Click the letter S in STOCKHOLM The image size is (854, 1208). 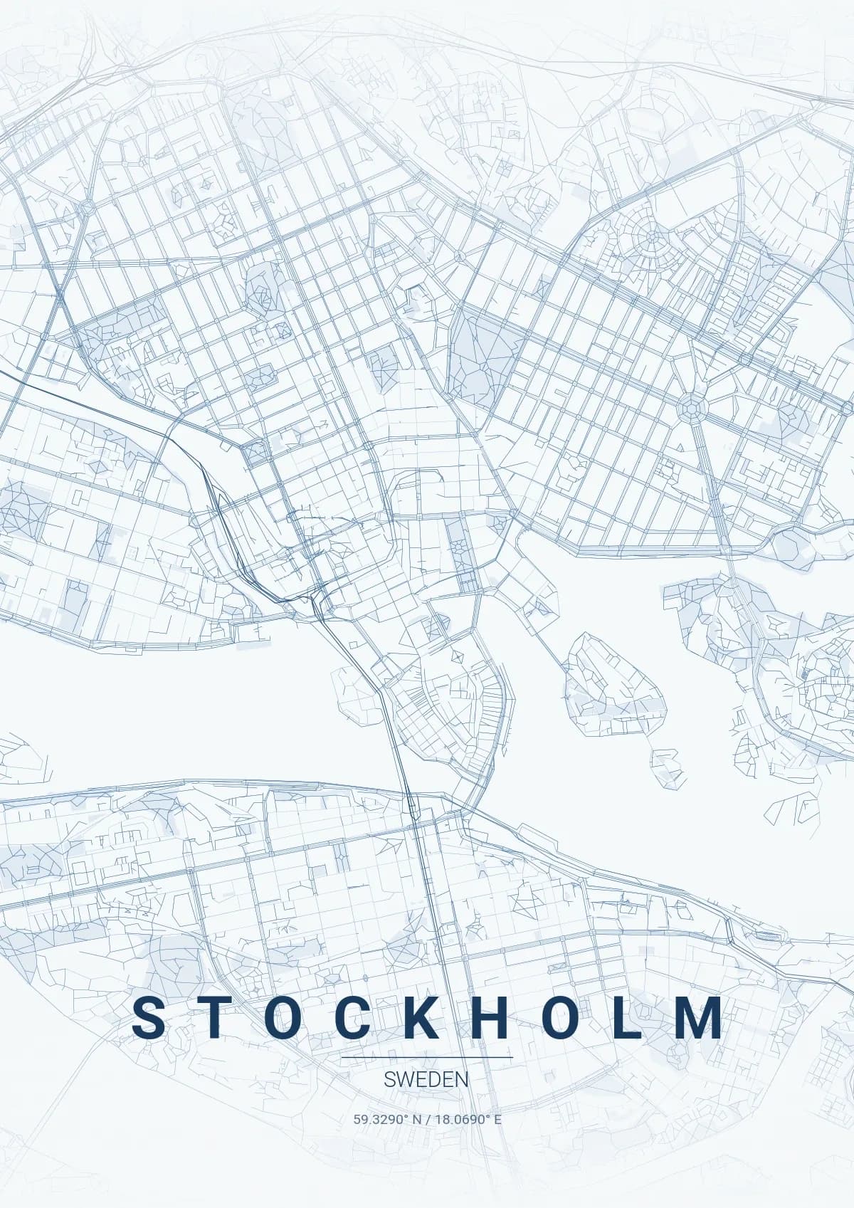click(149, 1018)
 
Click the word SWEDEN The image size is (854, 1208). click(426, 1079)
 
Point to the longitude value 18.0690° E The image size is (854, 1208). click(468, 1119)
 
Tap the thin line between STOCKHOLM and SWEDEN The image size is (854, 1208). click(426, 1058)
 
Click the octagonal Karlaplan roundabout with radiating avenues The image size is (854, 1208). click(689, 408)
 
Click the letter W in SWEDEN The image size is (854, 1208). click(404, 1079)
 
